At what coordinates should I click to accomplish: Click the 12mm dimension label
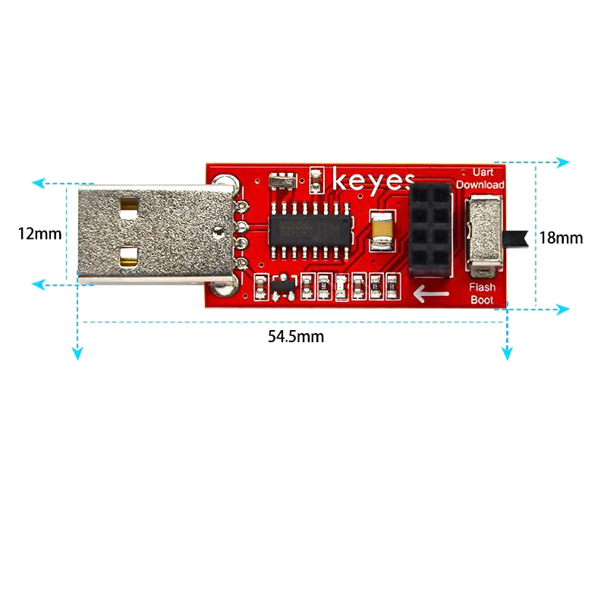pyautogui.click(x=39, y=234)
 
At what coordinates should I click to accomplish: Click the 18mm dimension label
pyautogui.click(x=561, y=238)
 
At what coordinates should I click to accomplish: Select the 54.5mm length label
pyautogui.click(x=296, y=337)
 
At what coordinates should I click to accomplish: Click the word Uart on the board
pyautogui.click(x=483, y=173)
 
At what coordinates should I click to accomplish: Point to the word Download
pyautogui.click(x=480, y=184)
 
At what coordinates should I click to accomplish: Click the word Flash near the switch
pyautogui.click(x=482, y=287)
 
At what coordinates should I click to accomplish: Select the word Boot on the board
pyautogui.click(x=482, y=300)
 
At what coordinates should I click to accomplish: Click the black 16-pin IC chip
pyautogui.click(x=310, y=230)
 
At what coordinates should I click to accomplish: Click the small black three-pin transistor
pyautogui.click(x=281, y=287)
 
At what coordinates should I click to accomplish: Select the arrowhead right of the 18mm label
pyautogui.click(x=562, y=309)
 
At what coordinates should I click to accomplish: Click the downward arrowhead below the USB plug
pyautogui.click(x=77, y=354)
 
